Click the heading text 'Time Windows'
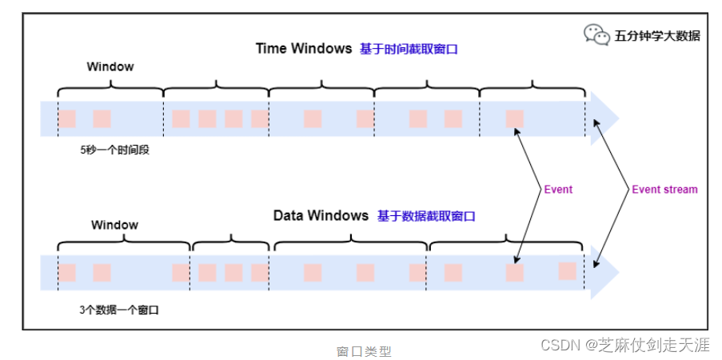[x=303, y=48]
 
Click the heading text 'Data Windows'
[x=321, y=216]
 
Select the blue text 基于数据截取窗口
[x=426, y=217]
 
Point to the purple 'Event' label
[x=558, y=190]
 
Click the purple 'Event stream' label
[x=664, y=190]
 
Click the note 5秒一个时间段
[x=114, y=150]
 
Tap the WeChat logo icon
[x=596, y=34]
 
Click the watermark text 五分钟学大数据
[x=657, y=35]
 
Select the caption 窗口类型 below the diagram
[x=364, y=350]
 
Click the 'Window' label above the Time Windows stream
[x=110, y=66]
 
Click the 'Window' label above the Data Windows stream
[x=114, y=226]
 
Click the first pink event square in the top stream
[x=67, y=119]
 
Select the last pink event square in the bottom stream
[x=568, y=270]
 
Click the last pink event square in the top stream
[x=515, y=119]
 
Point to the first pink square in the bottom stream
[x=67, y=272]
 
